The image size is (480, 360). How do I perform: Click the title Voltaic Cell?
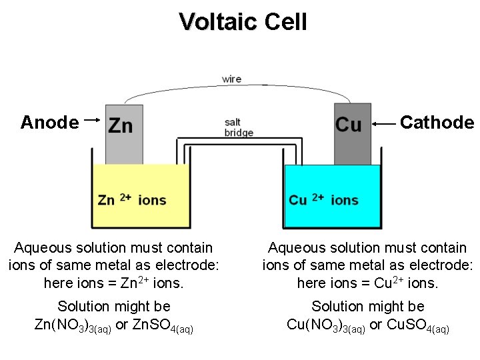coord(243,22)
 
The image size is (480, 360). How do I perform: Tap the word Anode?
coord(49,123)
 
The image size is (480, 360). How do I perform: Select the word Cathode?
coord(437,123)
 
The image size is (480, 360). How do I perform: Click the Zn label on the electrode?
coord(121,125)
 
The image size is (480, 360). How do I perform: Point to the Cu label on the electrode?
coord(349,125)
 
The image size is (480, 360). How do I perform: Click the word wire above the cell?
coord(231,79)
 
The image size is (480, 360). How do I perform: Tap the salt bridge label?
coord(239,127)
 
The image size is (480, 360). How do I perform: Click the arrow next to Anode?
coord(93,120)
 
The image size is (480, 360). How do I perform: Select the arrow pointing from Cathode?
coord(385,124)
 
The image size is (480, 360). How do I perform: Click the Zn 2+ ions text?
coord(132,200)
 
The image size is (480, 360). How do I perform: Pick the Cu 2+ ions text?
coord(323,200)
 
